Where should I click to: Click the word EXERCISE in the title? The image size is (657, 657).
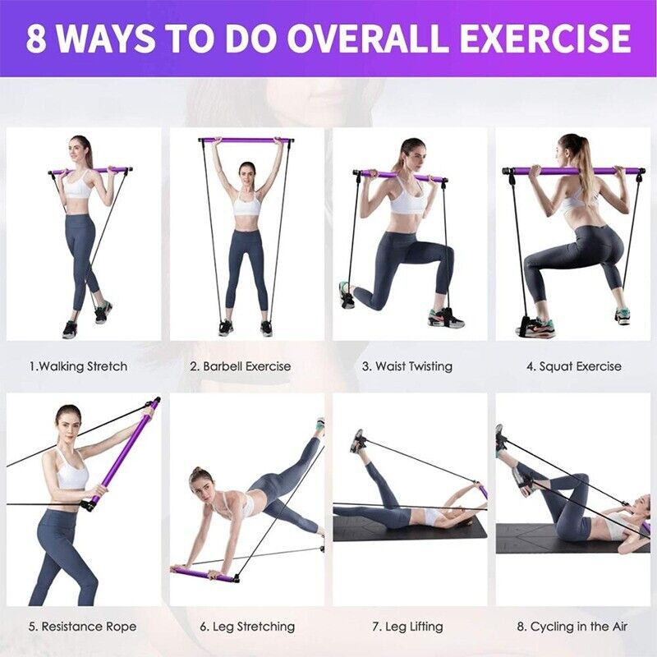click(544, 39)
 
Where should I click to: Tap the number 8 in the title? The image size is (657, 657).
click(37, 39)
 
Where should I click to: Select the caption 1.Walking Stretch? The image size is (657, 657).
click(79, 366)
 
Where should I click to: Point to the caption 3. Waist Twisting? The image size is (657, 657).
click(407, 366)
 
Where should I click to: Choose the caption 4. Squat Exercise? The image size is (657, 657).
click(574, 366)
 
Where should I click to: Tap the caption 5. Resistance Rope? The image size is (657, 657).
click(82, 627)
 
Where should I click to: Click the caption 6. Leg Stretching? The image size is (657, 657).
click(247, 627)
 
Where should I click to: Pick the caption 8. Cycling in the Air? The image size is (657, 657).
click(572, 627)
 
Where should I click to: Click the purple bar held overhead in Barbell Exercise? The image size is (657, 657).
click(246, 140)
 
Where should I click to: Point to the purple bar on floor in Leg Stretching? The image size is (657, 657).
click(205, 574)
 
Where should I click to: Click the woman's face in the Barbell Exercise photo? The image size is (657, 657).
click(246, 172)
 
